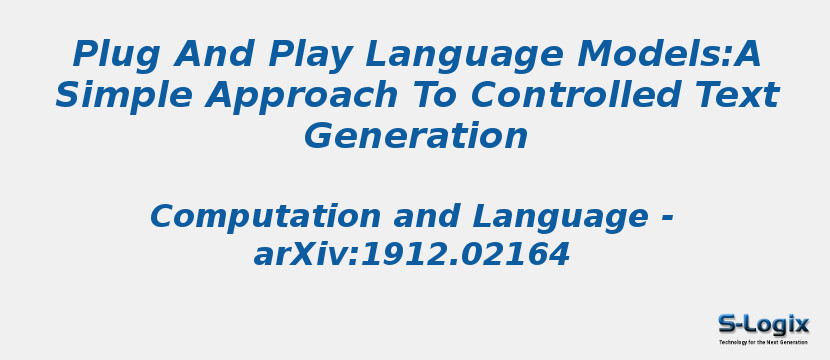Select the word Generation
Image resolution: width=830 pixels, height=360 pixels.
[x=415, y=136]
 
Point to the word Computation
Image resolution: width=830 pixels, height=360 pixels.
[x=265, y=216]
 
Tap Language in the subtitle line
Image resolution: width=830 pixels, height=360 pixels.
[x=560, y=216]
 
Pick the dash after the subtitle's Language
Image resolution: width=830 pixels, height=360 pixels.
[x=667, y=218]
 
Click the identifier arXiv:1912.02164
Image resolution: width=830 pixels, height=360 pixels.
[x=411, y=255]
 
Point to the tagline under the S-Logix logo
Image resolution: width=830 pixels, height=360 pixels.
[x=763, y=342]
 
